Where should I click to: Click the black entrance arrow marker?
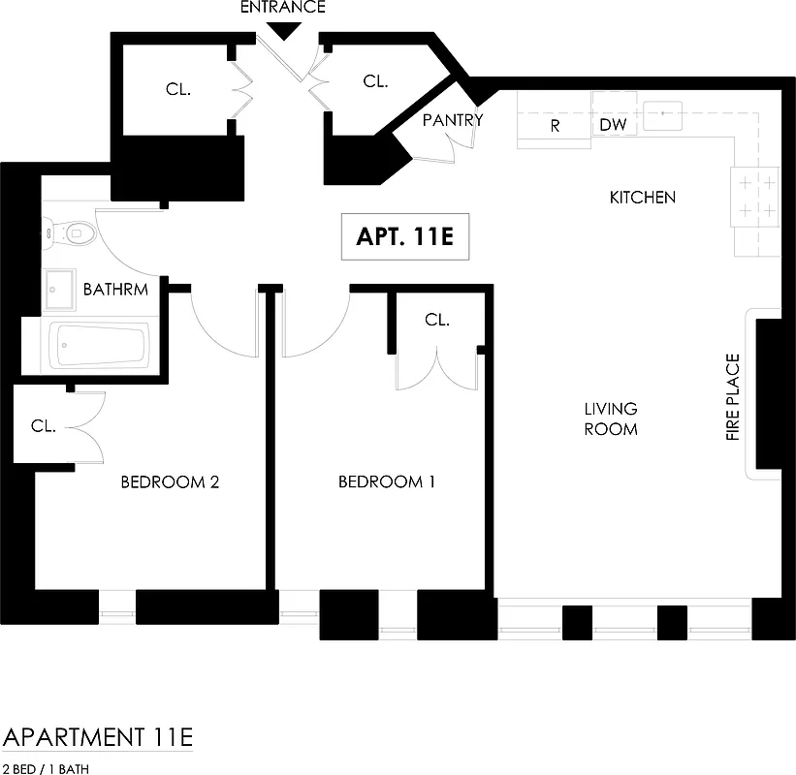(x=284, y=30)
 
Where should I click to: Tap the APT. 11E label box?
(x=404, y=237)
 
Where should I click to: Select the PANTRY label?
(x=452, y=120)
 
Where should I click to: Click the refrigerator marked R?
(x=555, y=126)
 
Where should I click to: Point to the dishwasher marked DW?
(x=613, y=125)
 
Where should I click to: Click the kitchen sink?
(x=664, y=114)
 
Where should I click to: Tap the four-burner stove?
(x=755, y=197)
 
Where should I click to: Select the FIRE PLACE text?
(x=733, y=398)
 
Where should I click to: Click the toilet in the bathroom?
(x=72, y=232)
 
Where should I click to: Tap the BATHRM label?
(x=115, y=290)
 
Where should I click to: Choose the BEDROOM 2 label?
(x=170, y=481)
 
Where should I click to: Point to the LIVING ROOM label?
(x=611, y=418)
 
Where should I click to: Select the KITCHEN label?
(x=642, y=198)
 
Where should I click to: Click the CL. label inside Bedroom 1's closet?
(x=437, y=320)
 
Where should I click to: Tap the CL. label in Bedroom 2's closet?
(x=44, y=425)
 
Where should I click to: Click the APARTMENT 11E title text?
(x=98, y=736)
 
